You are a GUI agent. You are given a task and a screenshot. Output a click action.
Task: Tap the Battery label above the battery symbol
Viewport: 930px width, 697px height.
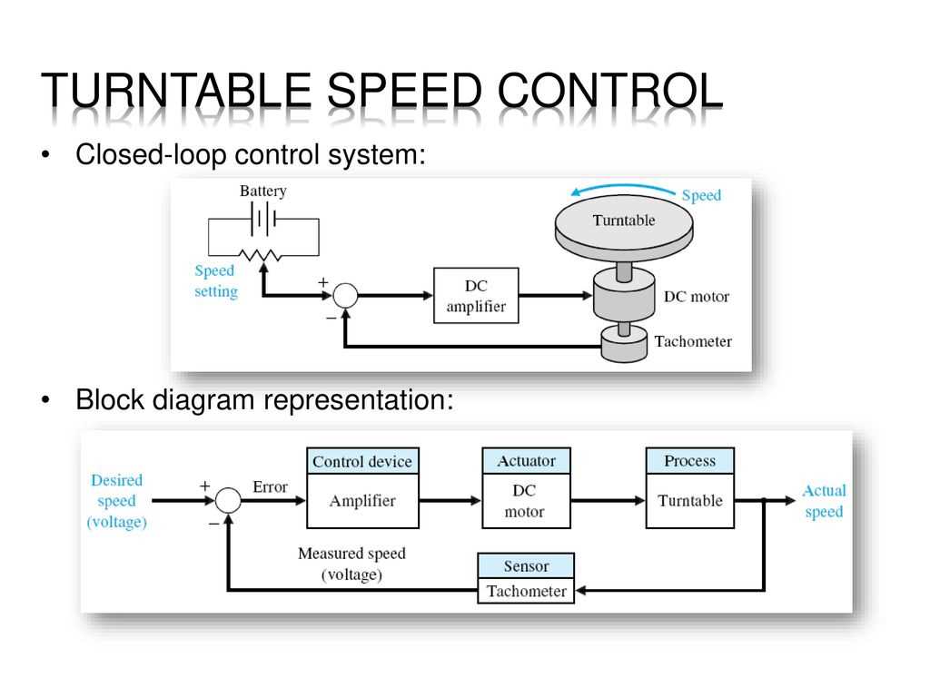tap(262, 191)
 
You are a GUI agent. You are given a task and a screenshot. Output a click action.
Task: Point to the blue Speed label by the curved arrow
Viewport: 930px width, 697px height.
tap(700, 195)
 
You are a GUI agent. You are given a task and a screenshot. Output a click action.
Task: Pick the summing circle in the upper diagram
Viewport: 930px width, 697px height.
tap(344, 295)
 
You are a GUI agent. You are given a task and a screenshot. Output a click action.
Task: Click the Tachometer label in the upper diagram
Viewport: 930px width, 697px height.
tap(692, 342)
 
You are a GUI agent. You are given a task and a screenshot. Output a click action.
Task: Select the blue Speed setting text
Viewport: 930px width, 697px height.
tap(216, 281)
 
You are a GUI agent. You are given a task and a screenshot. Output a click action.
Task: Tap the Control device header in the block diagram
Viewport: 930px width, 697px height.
tap(361, 461)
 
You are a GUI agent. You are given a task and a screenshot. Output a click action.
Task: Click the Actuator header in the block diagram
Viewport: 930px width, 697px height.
tap(526, 461)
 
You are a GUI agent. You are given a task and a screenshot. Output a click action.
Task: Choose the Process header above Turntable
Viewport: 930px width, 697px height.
tap(689, 461)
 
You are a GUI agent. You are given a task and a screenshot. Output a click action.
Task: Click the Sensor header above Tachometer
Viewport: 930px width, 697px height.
tap(526, 566)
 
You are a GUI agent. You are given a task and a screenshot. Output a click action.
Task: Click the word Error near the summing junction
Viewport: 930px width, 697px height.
tap(270, 487)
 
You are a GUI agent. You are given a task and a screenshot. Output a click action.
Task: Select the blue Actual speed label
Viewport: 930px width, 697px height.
tap(823, 501)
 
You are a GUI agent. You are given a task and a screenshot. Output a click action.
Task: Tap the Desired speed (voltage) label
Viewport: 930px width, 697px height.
tap(116, 501)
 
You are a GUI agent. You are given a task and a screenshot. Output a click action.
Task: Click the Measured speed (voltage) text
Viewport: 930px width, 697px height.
tap(351, 564)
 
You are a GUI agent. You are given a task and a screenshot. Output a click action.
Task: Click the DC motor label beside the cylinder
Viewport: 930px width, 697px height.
tap(696, 297)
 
